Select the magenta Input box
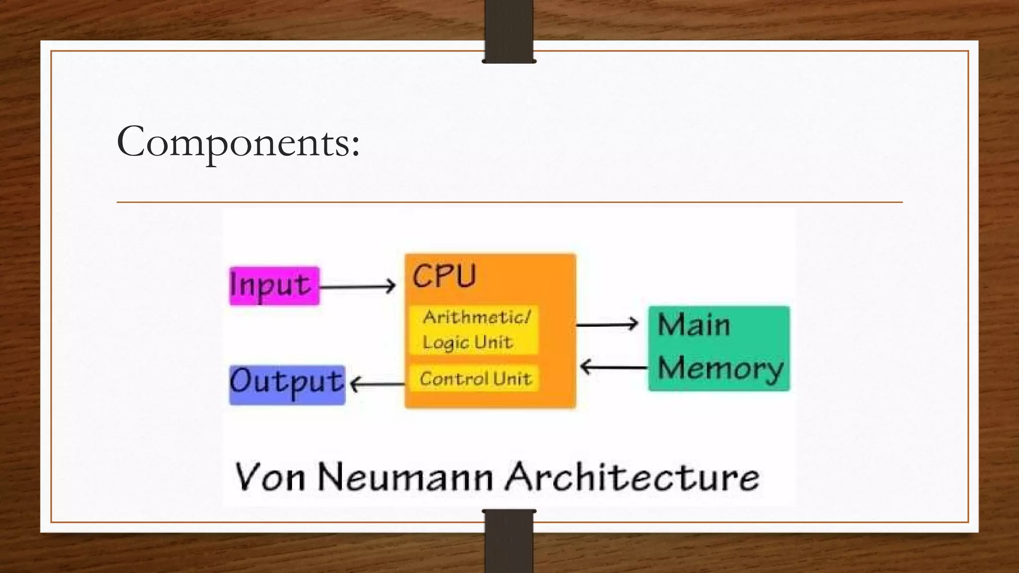pos(274,286)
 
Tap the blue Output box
pos(287,384)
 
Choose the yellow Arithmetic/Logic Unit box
pos(474,329)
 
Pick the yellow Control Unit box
pos(475,379)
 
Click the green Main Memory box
pos(719,348)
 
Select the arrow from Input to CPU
pos(357,286)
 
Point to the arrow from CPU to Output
pos(377,384)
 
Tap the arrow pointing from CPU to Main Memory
pos(607,324)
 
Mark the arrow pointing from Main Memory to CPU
pos(614,368)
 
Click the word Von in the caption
pos(269,477)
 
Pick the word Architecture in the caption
pos(632,477)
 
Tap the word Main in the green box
pos(694,325)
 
